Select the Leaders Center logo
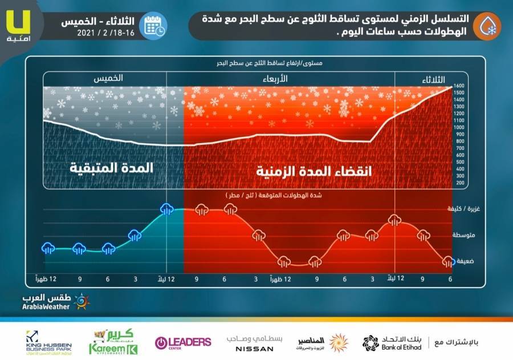tap(183, 342)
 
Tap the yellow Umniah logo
tap(21, 23)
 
